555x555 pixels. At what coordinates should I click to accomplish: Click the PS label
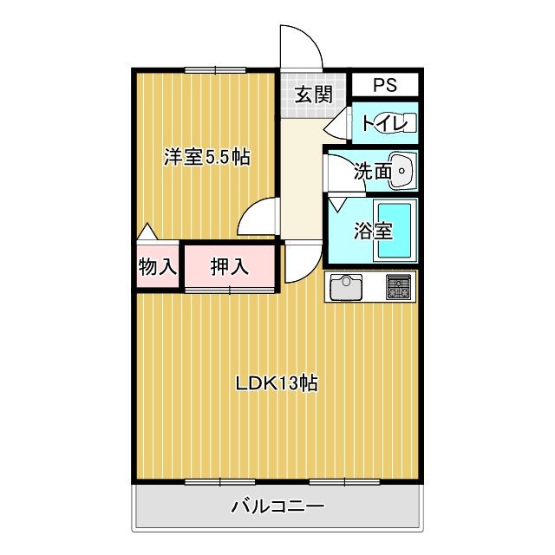(385, 85)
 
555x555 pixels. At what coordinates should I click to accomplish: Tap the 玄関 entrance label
(314, 95)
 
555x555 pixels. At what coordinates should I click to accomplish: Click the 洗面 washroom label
(373, 172)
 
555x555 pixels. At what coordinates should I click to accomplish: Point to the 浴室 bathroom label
(373, 231)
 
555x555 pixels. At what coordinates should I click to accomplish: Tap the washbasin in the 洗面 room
(402, 171)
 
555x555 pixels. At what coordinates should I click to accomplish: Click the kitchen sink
(346, 287)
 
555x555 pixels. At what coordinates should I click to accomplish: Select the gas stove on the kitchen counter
(399, 286)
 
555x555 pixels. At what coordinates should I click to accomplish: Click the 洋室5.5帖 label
(206, 157)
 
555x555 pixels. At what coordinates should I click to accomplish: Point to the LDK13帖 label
(277, 383)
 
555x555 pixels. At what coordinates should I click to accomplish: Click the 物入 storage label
(158, 266)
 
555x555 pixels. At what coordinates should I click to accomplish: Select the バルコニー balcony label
(277, 506)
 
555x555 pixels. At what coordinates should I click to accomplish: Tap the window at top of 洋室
(215, 70)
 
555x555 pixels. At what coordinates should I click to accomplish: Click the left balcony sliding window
(219, 482)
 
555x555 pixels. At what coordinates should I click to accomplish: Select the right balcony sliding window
(345, 482)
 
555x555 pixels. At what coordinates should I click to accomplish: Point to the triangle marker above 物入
(147, 232)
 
